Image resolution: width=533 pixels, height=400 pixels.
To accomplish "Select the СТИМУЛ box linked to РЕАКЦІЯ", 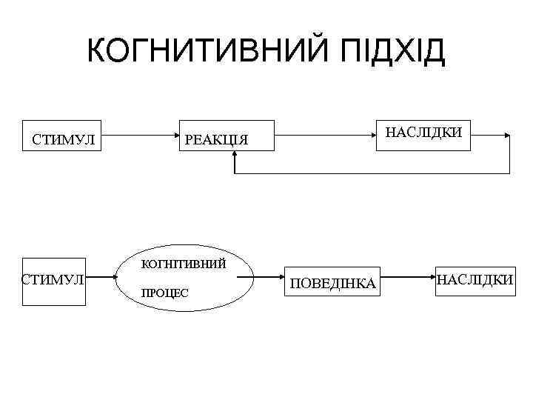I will tap(63, 137).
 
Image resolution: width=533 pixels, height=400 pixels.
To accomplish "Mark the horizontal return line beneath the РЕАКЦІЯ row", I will tap(370, 173).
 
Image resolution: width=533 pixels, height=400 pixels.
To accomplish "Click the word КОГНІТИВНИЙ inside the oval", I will tap(184, 263).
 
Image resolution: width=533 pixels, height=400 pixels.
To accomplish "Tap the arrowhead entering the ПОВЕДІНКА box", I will tap(283, 280).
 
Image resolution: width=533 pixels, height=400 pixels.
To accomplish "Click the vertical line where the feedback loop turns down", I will tap(510, 154).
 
